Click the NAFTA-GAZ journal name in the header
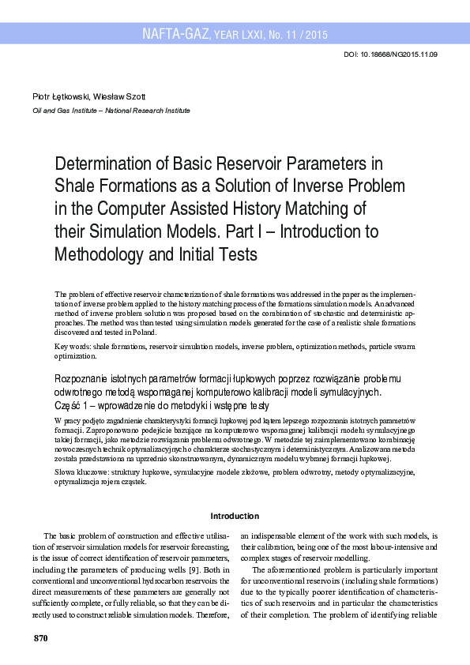coord(175,34)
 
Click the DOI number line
coord(392,54)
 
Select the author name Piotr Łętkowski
coord(61,96)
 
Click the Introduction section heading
coord(235,516)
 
